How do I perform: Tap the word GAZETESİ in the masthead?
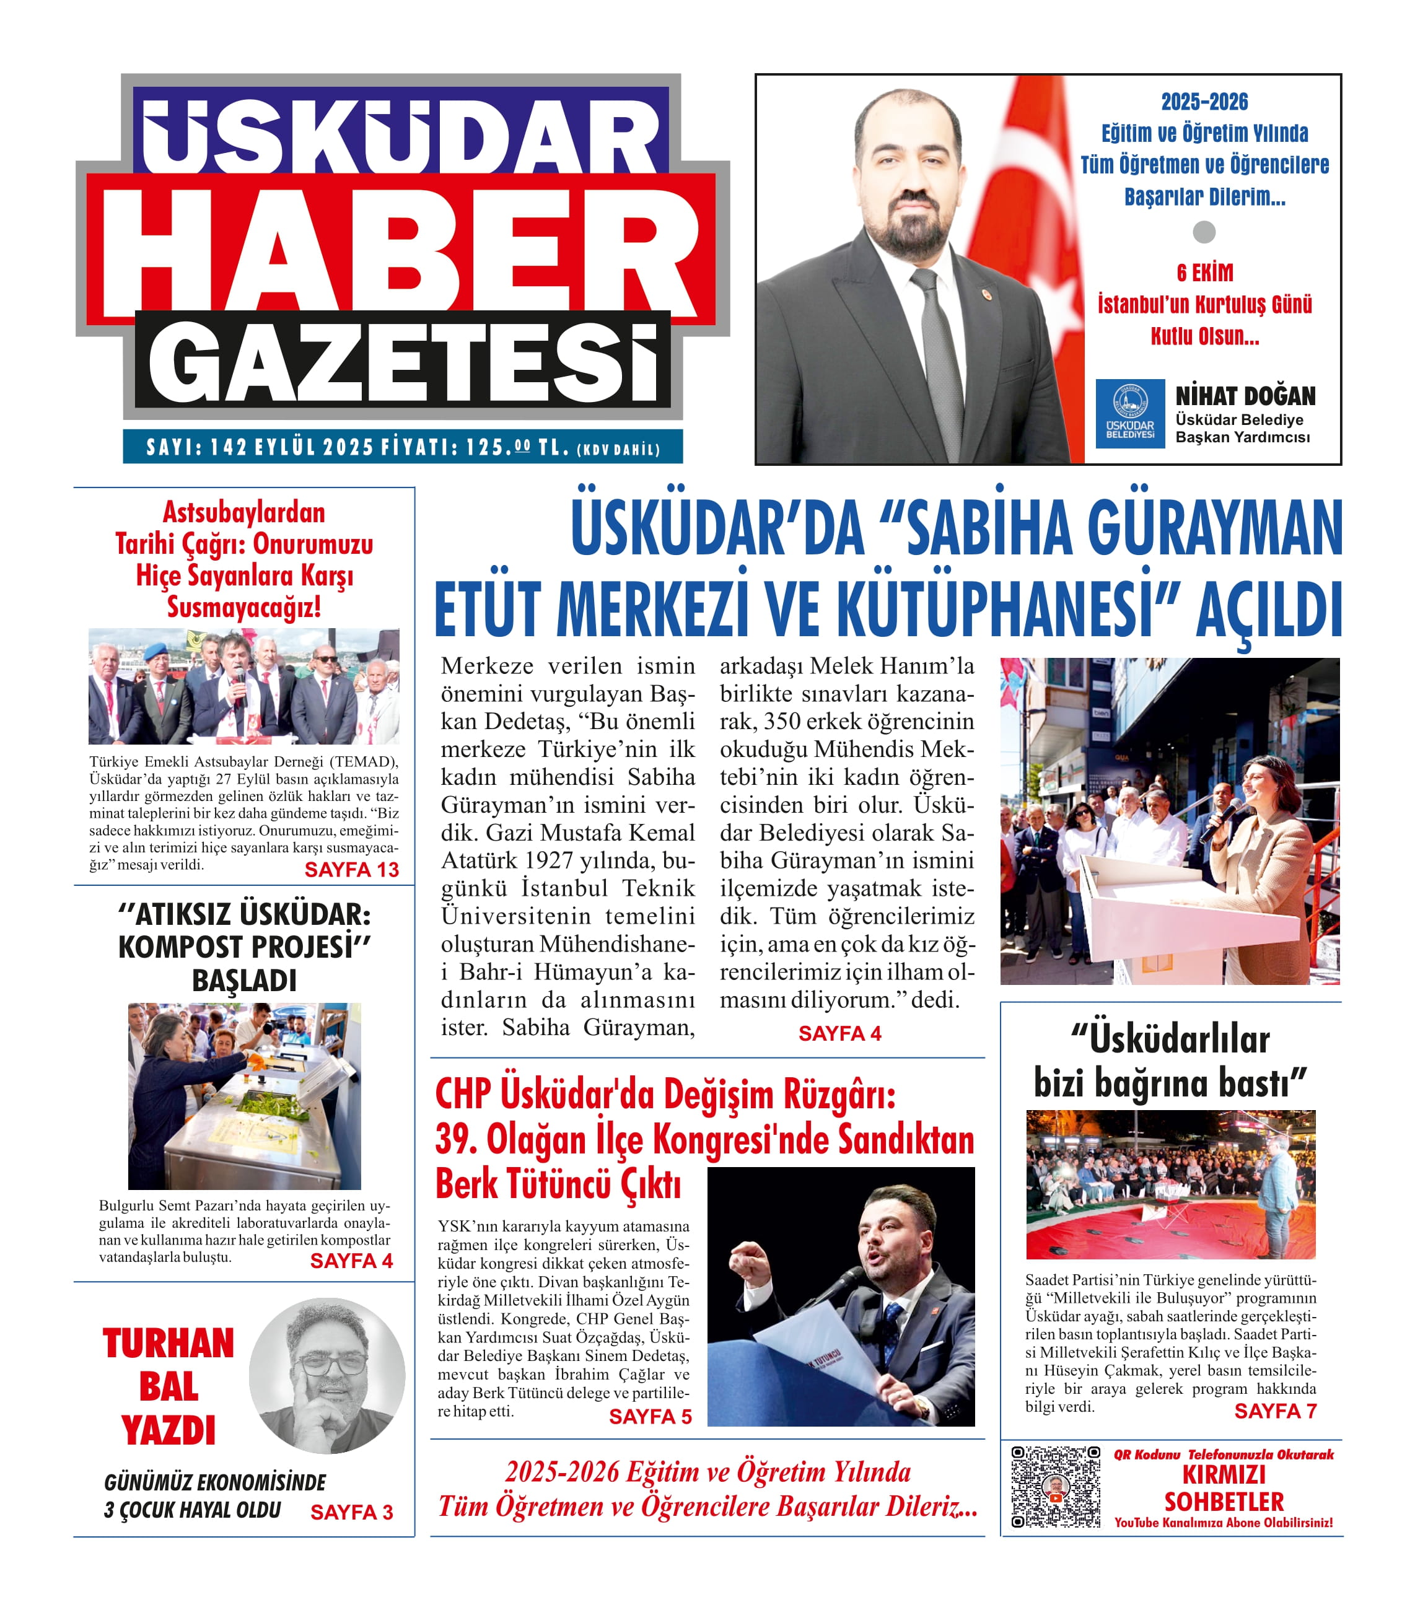pyautogui.click(x=402, y=364)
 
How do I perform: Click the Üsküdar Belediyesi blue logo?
pyautogui.click(x=1130, y=414)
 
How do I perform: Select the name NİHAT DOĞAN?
pyautogui.click(x=1245, y=395)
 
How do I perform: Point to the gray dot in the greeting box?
pyautogui.click(x=1204, y=232)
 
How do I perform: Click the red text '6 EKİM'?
pyautogui.click(x=1204, y=273)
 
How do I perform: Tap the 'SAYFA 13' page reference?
pyautogui.click(x=351, y=870)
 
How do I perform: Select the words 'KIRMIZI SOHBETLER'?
pyautogui.click(x=1224, y=1488)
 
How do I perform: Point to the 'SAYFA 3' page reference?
pyautogui.click(x=351, y=1512)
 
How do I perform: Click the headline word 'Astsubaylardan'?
pyautogui.click(x=244, y=513)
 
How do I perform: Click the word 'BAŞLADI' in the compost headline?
pyautogui.click(x=244, y=981)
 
